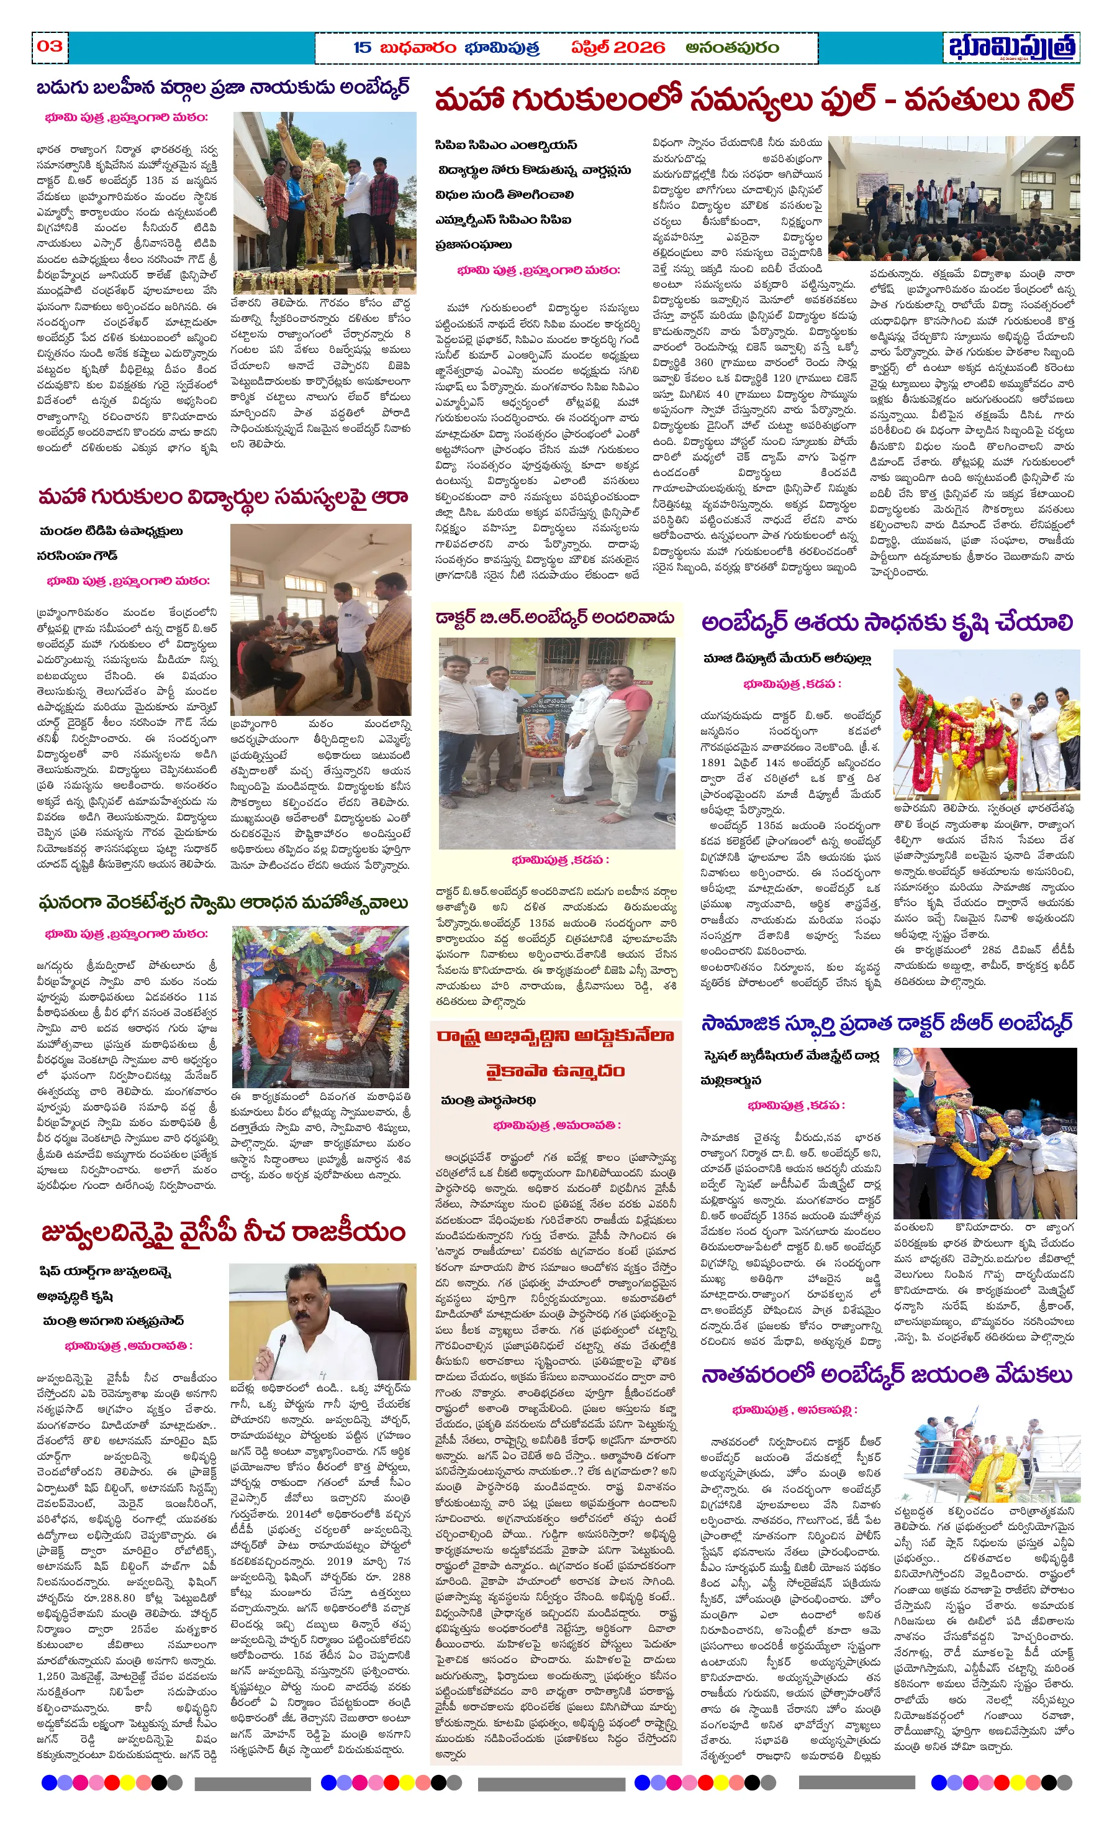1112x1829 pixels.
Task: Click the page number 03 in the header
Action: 50,46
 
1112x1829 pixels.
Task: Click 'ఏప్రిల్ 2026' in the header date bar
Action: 617,47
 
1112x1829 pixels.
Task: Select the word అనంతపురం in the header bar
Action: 731,47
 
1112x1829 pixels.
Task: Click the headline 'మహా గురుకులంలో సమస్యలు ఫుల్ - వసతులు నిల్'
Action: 754,99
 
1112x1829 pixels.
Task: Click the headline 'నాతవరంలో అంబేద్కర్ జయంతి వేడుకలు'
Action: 887,1375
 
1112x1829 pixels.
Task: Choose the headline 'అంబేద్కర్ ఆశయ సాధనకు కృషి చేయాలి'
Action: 887,623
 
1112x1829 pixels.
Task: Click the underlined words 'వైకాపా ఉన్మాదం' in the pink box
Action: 555,1071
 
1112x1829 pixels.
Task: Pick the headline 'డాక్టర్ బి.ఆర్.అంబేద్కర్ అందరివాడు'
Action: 555,618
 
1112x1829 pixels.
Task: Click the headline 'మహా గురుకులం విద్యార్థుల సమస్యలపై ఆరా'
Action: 222,497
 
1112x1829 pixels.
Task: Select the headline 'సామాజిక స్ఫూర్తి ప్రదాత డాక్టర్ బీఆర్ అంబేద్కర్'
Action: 887,1024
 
